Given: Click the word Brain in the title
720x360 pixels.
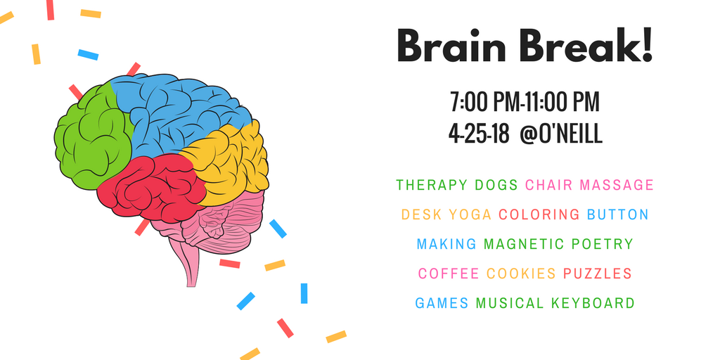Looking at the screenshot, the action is tap(451, 46).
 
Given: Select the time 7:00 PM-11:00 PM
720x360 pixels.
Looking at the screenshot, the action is tap(525, 103).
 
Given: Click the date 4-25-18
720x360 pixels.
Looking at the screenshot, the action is tap(479, 134).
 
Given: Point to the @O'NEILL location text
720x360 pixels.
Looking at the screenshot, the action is tap(560, 134).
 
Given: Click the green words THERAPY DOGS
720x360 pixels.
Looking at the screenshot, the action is tap(457, 185).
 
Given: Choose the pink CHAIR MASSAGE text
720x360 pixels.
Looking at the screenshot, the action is tap(589, 185).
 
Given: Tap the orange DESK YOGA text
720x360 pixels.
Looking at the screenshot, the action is tap(446, 214).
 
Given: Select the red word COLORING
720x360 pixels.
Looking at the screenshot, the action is tap(539, 214).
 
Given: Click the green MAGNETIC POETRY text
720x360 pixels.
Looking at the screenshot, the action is tap(558, 244).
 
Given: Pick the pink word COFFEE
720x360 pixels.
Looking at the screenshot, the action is tap(449, 274).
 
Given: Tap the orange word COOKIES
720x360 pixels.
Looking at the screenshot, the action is tap(521, 274).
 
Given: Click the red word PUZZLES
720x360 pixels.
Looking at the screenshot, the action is tap(598, 274).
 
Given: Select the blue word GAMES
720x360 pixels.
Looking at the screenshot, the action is tap(442, 303).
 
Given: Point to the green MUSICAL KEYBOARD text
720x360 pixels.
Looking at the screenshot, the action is tap(555, 303).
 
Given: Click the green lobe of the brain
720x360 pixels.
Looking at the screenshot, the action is tap(92, 138).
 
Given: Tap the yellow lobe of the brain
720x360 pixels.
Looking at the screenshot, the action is tap(227, 161).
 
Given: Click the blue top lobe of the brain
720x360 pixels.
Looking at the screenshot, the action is tap(179, 110).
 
